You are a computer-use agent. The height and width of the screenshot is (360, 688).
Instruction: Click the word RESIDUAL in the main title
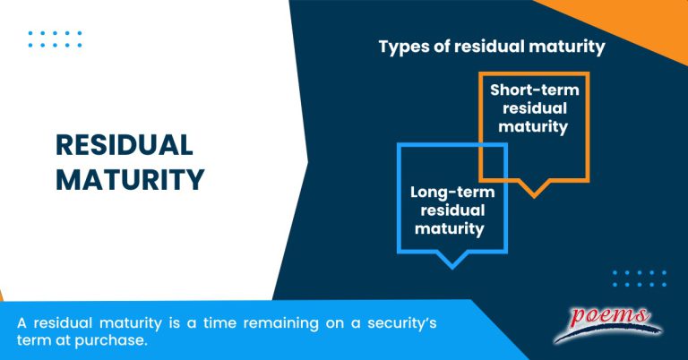[x=124, y=146]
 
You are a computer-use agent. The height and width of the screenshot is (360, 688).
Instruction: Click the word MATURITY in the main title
[x=130, y=179]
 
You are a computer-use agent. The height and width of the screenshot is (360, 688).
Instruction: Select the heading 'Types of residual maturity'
[x=492, y=47]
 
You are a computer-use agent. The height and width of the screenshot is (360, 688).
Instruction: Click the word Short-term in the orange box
[x=535, y=90]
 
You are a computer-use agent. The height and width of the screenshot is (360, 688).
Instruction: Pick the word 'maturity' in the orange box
[x=535, y=127]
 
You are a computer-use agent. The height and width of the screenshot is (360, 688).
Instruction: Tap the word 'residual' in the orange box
[x=535, y=108]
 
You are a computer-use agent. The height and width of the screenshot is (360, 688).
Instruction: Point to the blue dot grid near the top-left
[x=55, y=39]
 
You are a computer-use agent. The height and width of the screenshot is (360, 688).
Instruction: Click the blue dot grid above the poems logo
[x=639, y=278]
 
